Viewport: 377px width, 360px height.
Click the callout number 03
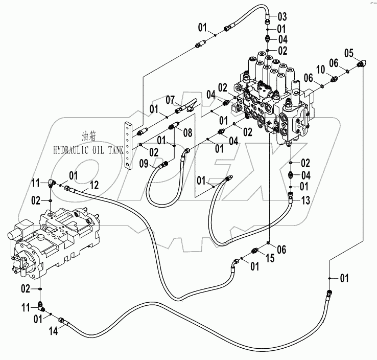[282, 17]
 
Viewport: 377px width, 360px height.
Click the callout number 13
[305, 200]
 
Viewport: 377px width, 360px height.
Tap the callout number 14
[53, 330]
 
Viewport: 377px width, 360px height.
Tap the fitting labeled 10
[335, 79]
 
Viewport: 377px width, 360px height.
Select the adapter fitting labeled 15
[256, 251]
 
